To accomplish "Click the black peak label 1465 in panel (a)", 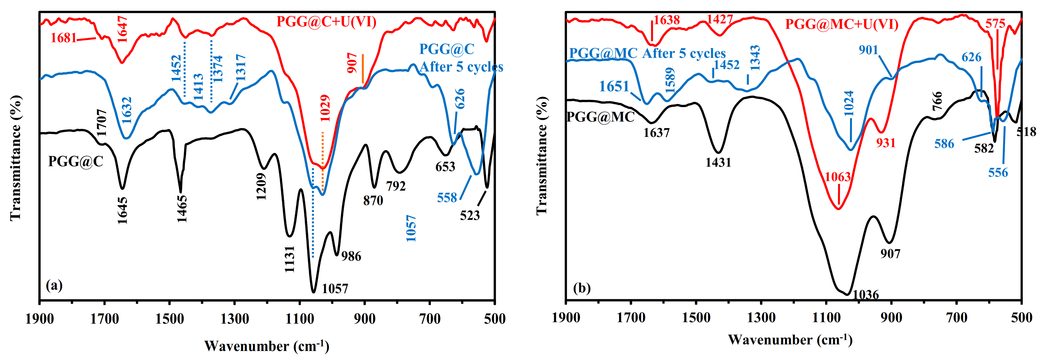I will tap(182, 209).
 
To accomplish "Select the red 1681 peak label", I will tap(64, 38).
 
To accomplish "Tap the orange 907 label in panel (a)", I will tap(352, 63).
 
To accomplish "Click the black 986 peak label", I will tap(351, 256).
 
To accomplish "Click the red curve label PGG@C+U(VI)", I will tap(326, 21).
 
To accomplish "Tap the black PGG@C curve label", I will tap(75, 162).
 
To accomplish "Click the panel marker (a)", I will tap(54, 286).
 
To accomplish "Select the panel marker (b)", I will tap(582, 288).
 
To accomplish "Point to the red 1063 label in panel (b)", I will tap(838, 177).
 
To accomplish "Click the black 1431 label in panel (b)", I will tap(718, 162).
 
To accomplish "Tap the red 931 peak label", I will tap(886, 143).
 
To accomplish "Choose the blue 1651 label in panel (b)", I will tap(614, 86).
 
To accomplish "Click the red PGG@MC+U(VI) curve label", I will tap(842, 24).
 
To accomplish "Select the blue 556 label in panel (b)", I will tap(998, 173).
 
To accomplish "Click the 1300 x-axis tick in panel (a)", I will tap(234, 319).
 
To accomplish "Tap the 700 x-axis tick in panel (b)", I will tap(957, 318).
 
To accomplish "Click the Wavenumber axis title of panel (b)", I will tap(790, 340).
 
